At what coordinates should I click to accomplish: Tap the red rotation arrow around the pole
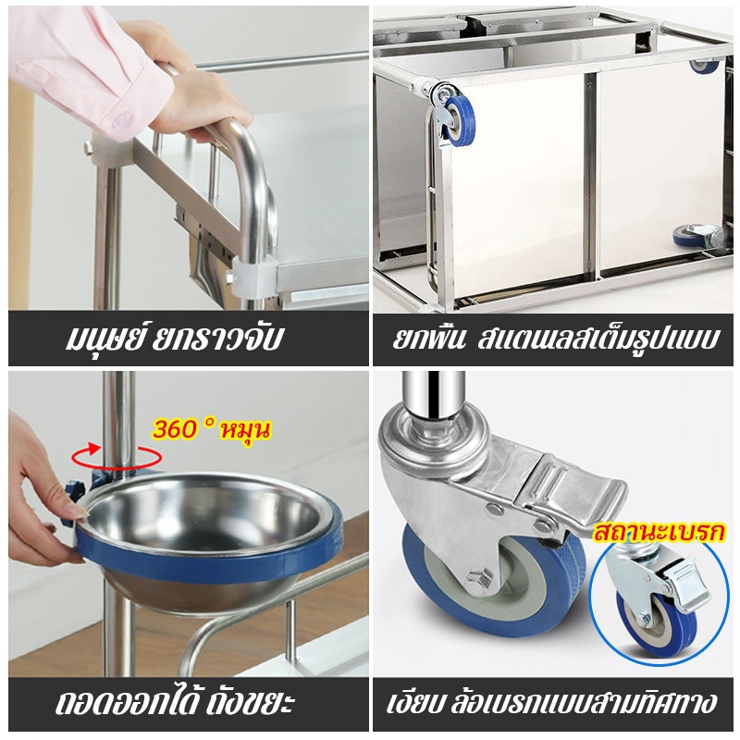coord(117,456)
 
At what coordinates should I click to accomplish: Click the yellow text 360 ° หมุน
coord(212,429)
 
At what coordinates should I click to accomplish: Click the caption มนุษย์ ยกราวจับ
coord(174,338)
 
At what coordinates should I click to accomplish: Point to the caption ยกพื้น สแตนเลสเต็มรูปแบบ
coord(557,338)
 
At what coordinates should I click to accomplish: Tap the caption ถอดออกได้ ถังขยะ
coord(176,702)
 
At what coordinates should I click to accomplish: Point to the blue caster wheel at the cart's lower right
coord(690,237)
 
